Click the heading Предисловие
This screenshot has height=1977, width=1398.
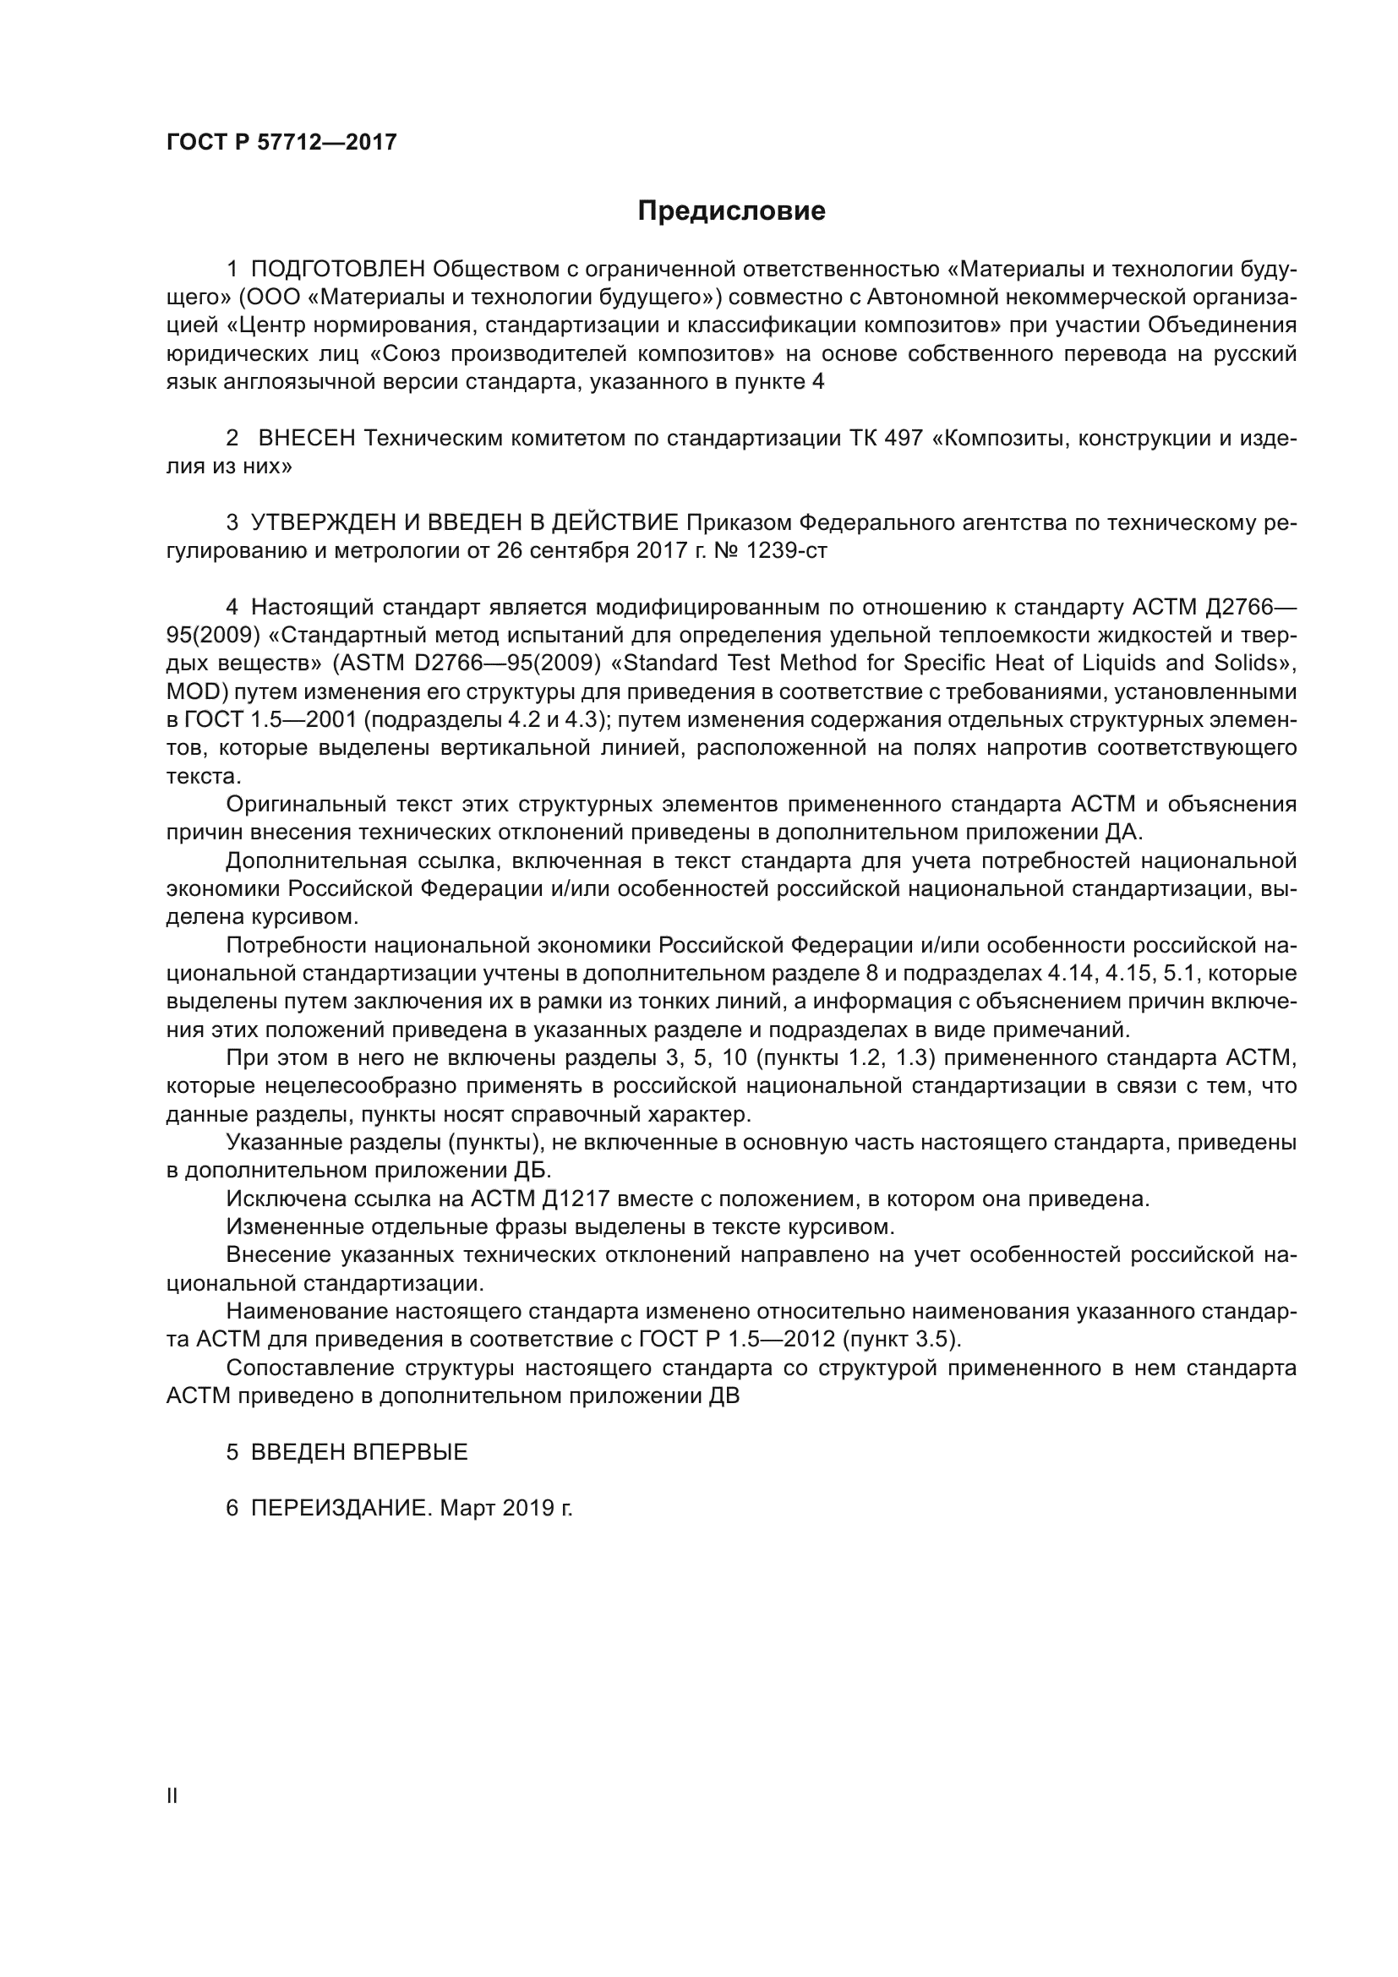(x=731, y=211)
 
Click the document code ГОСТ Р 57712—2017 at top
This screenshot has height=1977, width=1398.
(x=281, y=142)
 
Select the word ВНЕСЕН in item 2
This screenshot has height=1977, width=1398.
(x=307, y=439)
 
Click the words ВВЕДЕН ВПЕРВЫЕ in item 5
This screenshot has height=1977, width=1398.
(x=359, y=1453)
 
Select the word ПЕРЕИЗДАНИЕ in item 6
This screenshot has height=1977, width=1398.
(x=339, y=1509)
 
